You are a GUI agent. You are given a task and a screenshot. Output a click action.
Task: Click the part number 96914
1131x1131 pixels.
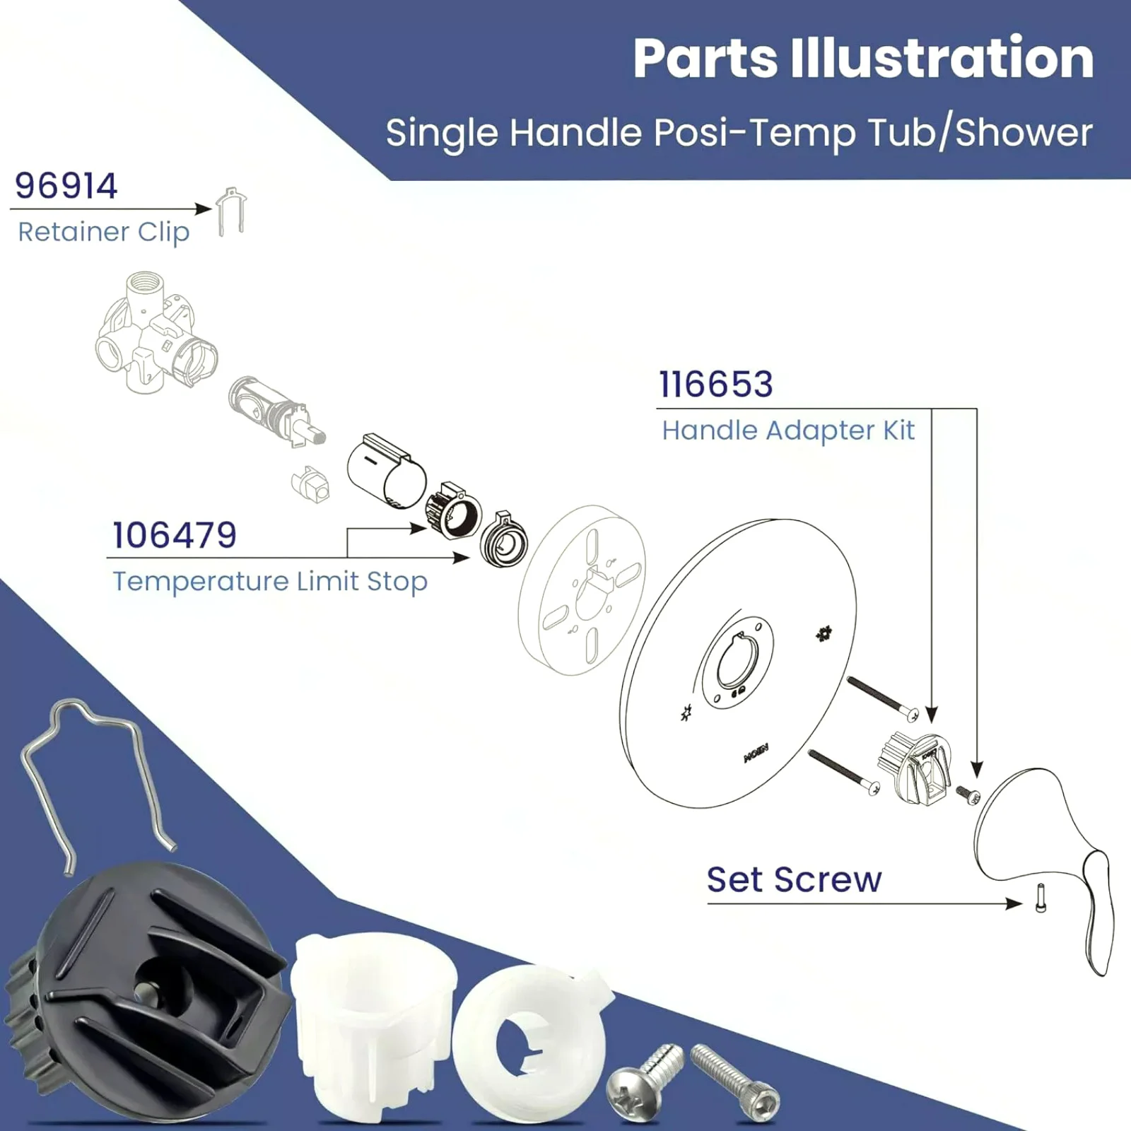click(66, 186)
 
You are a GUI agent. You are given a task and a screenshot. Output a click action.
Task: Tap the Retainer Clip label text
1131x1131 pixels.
click(103, 232)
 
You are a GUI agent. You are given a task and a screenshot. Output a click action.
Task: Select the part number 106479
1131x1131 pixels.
click(175, 535)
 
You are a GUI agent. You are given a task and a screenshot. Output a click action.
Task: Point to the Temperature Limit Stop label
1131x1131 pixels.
click(270, 581)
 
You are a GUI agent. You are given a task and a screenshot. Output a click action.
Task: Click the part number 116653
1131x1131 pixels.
click(716, 385)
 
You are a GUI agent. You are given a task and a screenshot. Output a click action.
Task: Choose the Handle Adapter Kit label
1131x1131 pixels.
click(788, 430)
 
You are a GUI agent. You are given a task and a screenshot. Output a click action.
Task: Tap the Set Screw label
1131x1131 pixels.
click(794, 880)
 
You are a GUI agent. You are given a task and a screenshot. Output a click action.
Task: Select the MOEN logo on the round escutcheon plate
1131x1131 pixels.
click(756, 753)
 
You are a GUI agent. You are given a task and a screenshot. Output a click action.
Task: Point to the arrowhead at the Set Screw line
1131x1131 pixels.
click(1015, 903)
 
